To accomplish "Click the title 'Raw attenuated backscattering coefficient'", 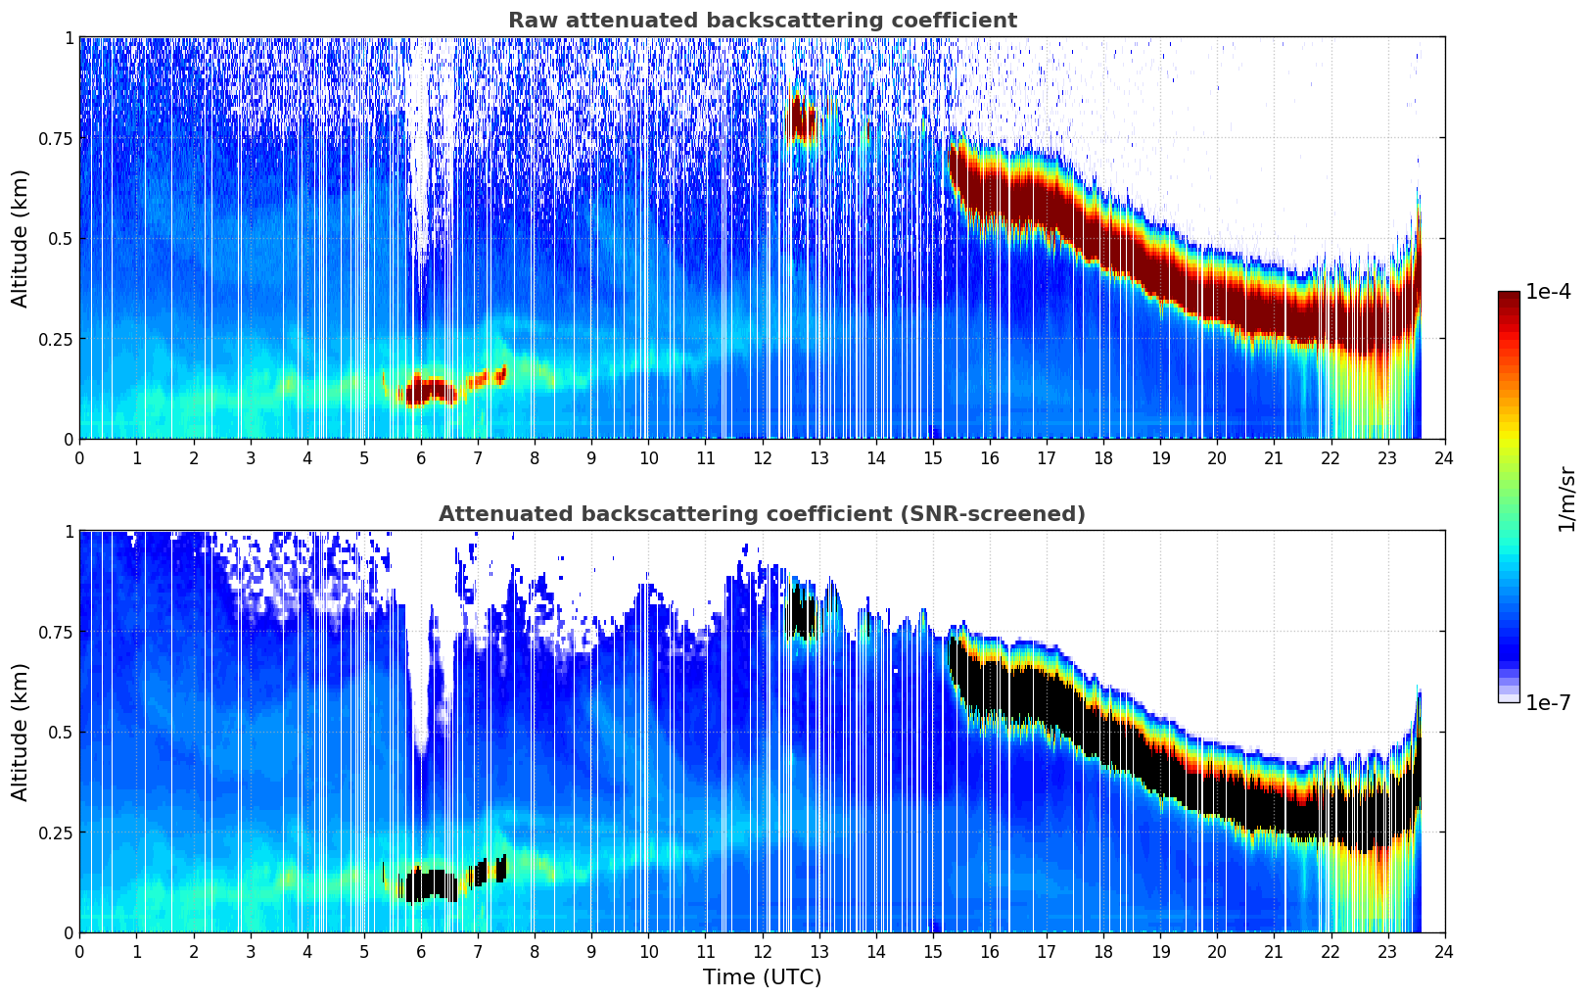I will point(762,21).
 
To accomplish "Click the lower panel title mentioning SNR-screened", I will point(762,514).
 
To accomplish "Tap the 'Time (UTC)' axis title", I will point(762,977).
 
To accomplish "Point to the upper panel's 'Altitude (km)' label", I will point(21,238).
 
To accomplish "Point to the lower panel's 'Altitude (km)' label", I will point(21,732).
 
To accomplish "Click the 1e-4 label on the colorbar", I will point(1548,292).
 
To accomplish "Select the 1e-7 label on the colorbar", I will point(1548,703).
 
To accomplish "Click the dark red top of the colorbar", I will point(1509,300).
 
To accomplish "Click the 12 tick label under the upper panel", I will point(762,457).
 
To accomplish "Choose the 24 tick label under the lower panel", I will point(1444,951).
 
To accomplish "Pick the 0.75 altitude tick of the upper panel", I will point(56,138).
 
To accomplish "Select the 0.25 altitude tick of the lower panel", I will point(56,832).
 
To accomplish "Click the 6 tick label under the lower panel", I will point(421,951).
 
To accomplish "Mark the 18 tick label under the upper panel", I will point(1103,457).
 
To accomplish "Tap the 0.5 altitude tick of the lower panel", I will point(62,732).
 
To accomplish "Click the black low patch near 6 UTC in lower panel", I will point(428,884).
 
